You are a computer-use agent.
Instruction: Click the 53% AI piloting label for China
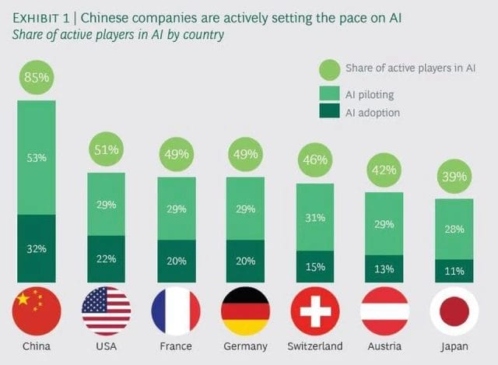[x=37, y=158]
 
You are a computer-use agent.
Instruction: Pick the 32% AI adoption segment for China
[x=37, y=249]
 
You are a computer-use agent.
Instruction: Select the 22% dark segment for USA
[x=107, y=258]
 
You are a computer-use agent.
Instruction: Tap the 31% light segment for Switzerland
[x=315, y=218]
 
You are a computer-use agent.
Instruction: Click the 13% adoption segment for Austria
[x=384, y=268]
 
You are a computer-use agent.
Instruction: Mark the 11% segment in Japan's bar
[x=454, y=271]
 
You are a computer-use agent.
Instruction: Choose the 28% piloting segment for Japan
[x=454, y=229]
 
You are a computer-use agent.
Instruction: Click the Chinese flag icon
[x=37, y=311]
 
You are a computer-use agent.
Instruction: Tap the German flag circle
[x=246, y=311]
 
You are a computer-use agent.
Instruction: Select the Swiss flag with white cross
[x=315, y=311]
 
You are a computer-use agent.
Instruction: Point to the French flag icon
[x=176, y=311]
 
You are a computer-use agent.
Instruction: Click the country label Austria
[x=384, y=346]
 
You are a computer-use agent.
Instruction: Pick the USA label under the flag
[x=107, y=346]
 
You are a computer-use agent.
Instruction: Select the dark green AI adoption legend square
[x=329, y=113]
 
